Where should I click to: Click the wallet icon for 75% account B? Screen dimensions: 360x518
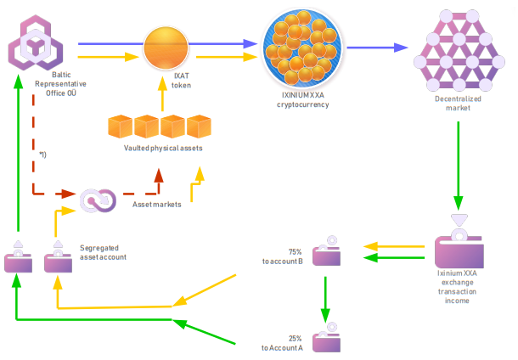point(328,254)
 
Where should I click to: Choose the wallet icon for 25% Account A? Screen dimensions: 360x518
point(328,340)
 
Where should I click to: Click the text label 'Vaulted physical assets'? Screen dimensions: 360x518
point(163,149)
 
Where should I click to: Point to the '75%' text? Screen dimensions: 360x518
point(296,252)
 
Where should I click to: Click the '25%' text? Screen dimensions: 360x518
point(296,338)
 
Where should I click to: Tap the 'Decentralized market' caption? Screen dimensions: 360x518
point(458,103)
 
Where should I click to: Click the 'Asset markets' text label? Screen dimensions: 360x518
point(158,205)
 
